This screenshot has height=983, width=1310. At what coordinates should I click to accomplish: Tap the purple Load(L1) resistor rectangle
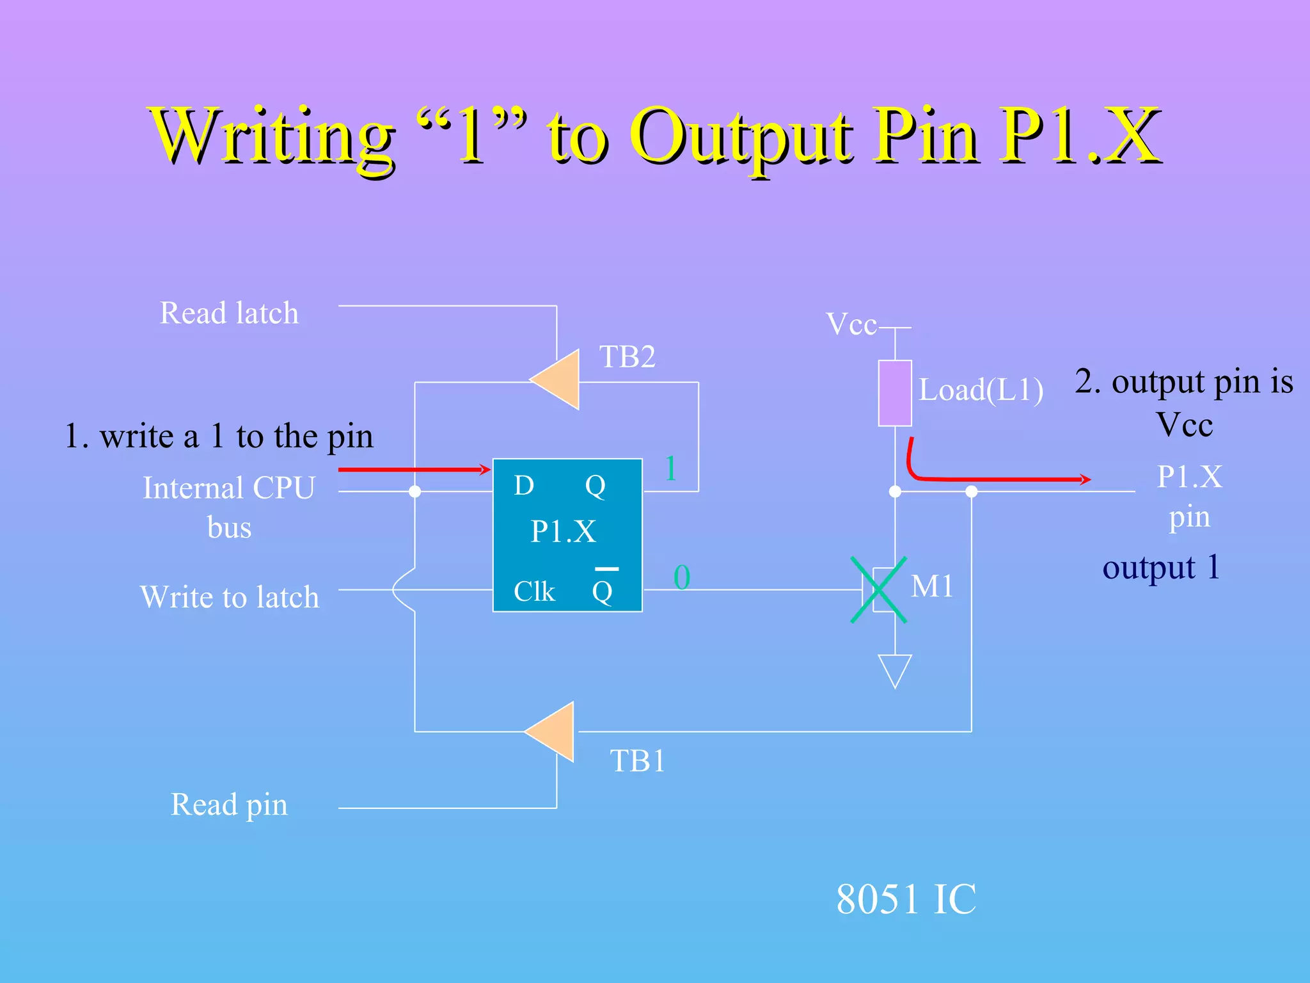point(894,393)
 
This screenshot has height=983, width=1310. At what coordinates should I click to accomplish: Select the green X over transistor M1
point(879,589)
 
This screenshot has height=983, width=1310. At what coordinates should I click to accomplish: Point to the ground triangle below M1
point(895,669)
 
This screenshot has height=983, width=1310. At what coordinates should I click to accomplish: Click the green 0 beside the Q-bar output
point(682,577)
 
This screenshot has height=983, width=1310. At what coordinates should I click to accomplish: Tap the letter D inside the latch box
point(524,486)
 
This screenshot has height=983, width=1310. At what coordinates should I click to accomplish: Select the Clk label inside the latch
point(534,591)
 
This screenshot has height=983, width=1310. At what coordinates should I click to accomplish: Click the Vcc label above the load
point(851,324)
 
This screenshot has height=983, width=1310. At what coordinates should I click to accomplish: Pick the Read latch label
point(229,313)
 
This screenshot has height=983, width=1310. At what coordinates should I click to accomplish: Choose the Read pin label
point(229,804)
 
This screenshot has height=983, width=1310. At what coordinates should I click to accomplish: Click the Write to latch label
point(230,597)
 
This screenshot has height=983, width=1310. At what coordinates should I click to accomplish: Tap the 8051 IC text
point(906,899)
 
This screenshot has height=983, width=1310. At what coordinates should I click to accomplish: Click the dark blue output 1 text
point(1161,567)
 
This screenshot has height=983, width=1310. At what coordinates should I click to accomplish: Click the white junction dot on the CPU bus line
point(414,491)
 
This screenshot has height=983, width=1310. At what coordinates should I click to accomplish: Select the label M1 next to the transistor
point(932,586)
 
